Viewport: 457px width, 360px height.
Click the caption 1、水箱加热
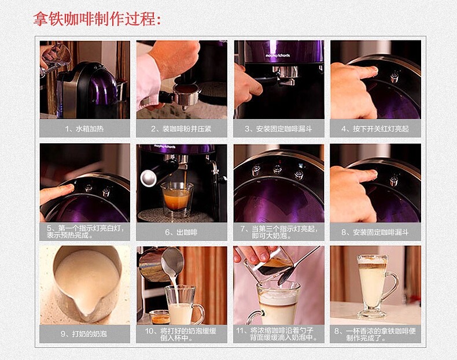coord(84,129)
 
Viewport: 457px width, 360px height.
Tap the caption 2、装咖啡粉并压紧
coord(181,129)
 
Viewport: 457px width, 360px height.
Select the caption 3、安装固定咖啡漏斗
coord(278,129)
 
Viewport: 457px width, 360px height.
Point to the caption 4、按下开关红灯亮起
coord(375,129)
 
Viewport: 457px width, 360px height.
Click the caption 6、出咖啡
coord(181,232)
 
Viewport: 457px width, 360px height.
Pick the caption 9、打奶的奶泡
coord(84,334)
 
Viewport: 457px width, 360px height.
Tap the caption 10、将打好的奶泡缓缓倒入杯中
coord(180,335)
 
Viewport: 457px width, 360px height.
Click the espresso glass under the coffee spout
coord(177,199)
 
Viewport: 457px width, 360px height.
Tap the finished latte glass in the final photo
coord(376,286)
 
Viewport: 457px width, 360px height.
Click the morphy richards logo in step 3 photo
coord(278,55)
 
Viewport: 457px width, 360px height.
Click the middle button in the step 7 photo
coord(277,169)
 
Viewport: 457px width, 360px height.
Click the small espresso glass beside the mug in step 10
coord(160,317)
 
